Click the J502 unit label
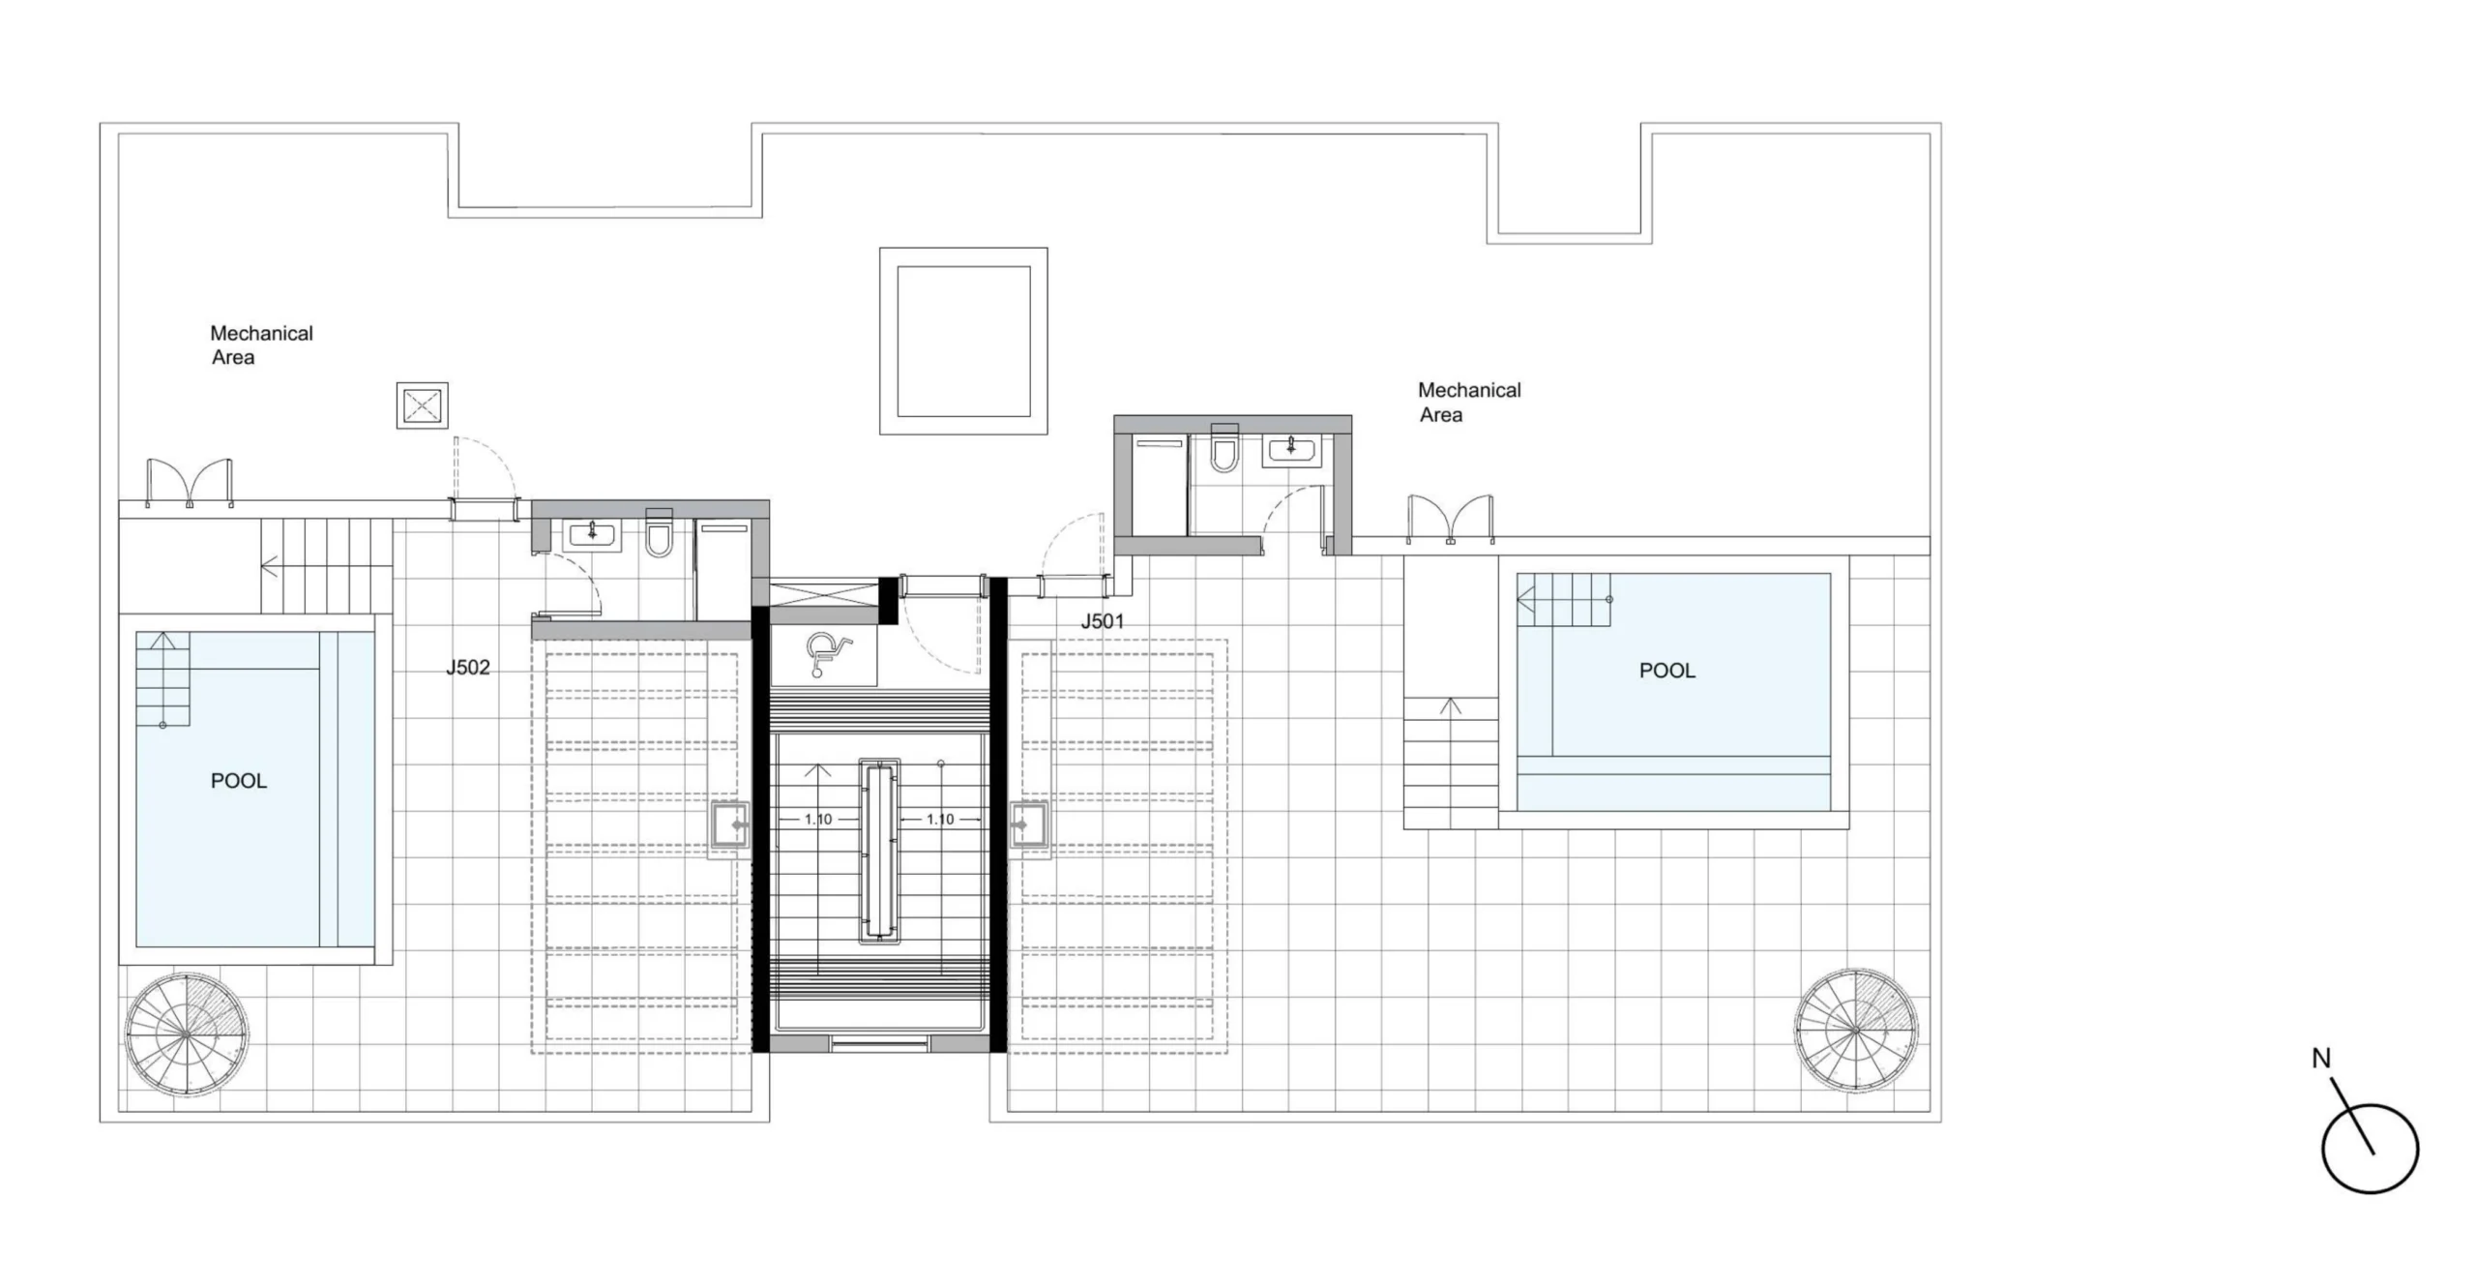468,668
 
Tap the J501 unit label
1103,622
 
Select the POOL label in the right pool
1667,671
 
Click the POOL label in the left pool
239,781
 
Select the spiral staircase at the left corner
186,1034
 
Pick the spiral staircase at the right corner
1856,1031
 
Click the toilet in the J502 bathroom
660,534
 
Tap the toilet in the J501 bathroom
1224,449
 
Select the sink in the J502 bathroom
592,533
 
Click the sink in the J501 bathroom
1290,449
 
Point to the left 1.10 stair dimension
818,820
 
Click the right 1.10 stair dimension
940,820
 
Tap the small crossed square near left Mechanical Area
423,405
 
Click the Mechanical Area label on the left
261,345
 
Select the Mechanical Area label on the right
1469,403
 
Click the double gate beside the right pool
1450,520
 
